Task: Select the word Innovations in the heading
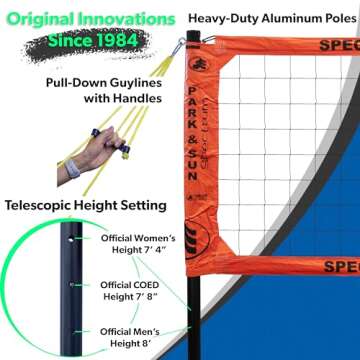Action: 130,18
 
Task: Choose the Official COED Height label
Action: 137,291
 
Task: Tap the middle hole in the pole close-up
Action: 69,284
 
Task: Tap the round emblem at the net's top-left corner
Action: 190,62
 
